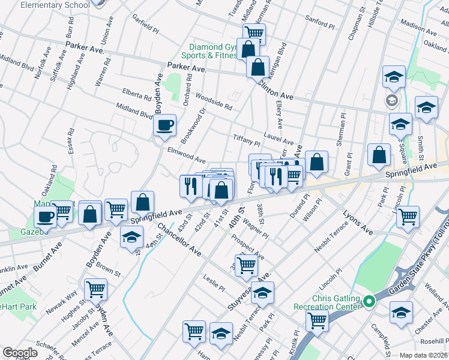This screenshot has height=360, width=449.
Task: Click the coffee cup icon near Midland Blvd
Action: pos(164,125)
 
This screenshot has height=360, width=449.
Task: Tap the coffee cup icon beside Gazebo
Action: pos(44,215)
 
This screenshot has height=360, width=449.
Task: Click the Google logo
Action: pos(20,353)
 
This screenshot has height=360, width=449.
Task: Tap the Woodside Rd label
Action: pos(214,102)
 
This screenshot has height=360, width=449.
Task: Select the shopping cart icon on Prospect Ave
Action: pos(246,264)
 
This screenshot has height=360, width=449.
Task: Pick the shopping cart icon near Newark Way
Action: pos(95,290)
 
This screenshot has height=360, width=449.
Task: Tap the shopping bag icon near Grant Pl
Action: pos(379,155)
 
